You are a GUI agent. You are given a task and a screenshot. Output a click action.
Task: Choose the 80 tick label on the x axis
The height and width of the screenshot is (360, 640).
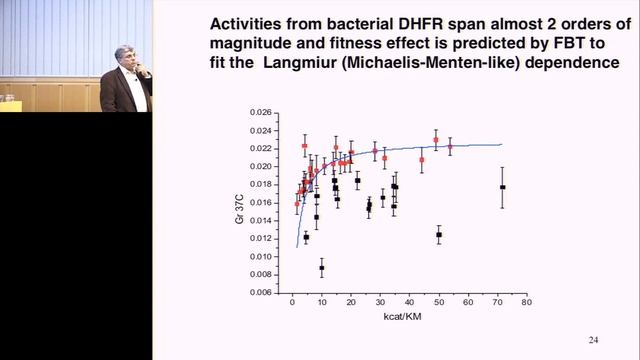(x=525, y=301)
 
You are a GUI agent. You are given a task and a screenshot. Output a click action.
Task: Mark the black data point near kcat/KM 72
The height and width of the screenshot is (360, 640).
(x=502, y=187)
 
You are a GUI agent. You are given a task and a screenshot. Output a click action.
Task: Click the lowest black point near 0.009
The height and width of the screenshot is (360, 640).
(x=322, y=267)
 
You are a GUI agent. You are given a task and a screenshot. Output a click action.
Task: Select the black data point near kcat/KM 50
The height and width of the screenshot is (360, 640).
(x=439, y=235)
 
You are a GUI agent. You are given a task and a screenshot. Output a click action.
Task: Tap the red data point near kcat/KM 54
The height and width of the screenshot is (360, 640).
(x=450, y=146)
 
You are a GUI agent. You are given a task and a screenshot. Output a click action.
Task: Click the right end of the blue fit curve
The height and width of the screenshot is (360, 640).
(x=501, y=144)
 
